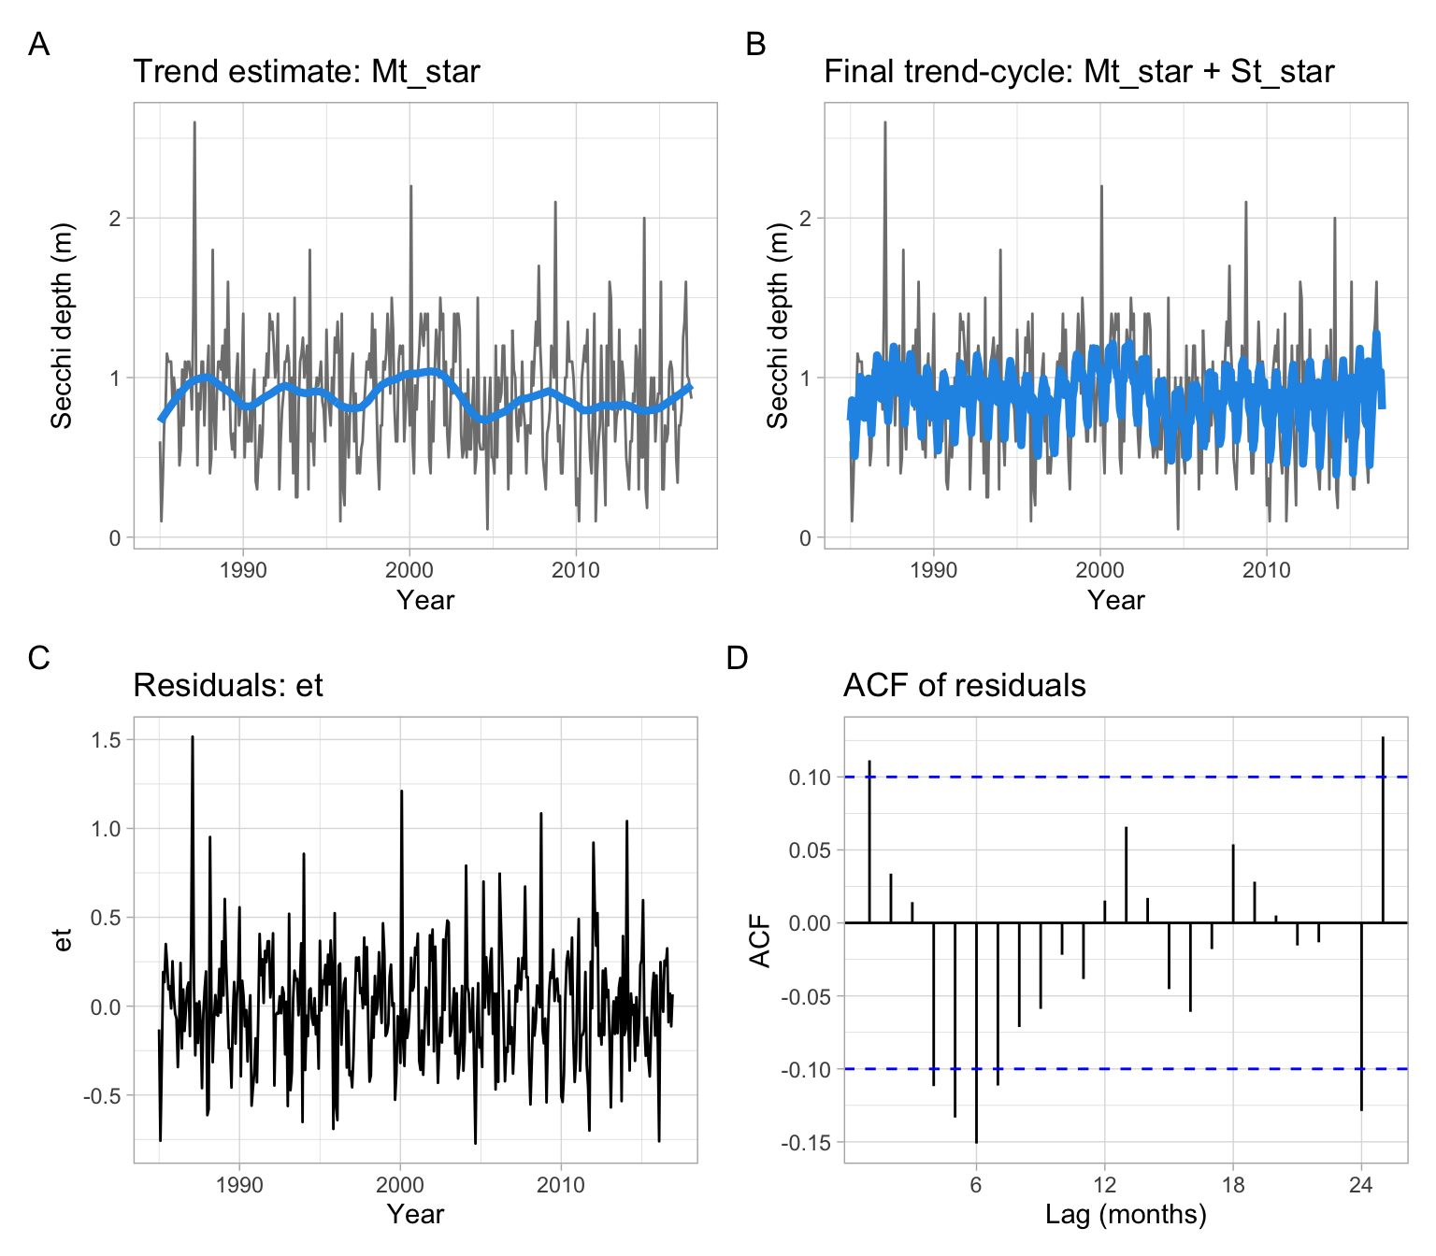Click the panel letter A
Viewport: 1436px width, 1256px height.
(x=38, y=44)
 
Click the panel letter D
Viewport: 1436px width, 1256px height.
(x=737, y=658)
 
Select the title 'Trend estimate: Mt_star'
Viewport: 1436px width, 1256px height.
(x=307, y=72)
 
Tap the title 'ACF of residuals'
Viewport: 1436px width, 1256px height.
(x=964, y=686)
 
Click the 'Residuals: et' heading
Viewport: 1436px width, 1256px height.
(x=228, y=686)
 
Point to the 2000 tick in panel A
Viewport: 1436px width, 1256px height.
(x=409, y=570)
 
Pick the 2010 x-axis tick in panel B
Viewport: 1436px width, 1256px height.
(x=1266, y=570)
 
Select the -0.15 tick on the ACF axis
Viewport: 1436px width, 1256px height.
(x=806, y=1143)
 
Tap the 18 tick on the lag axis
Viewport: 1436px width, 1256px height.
(x=1233, y=1185)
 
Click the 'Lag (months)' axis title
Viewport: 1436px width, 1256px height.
(x=1126, y=1214)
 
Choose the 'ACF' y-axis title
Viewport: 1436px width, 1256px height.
(x=761, y=940)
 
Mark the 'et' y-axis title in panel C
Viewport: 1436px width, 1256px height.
(x=63, y=940)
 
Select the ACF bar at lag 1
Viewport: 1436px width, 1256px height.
(x=869, y=841)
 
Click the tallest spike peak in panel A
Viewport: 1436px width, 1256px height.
(x=194, y=122)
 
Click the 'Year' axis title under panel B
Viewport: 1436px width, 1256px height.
(x=1115, y=600)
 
